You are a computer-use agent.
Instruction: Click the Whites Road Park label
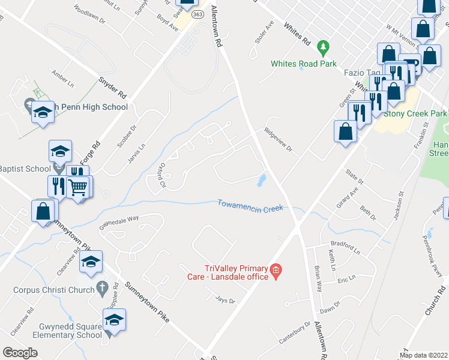click(303, 64)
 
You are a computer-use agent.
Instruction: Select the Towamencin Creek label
click(250, 205)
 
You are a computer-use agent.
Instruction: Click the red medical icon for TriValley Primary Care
click(276, 271)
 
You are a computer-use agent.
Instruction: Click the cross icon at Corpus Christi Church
click(101, 288)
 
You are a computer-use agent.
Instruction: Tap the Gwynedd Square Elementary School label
click(71, 331)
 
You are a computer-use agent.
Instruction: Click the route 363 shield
click(199, 13)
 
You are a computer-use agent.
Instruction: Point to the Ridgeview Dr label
click(278, 140)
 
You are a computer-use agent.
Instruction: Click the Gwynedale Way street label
click(119, 223)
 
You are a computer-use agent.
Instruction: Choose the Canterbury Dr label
click(294, 333)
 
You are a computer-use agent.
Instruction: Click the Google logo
click(20, 353)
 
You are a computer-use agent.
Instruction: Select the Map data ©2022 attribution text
click(424, 355)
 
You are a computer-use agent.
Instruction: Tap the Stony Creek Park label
click(415, 113)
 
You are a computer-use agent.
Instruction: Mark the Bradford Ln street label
click(345, 247)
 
